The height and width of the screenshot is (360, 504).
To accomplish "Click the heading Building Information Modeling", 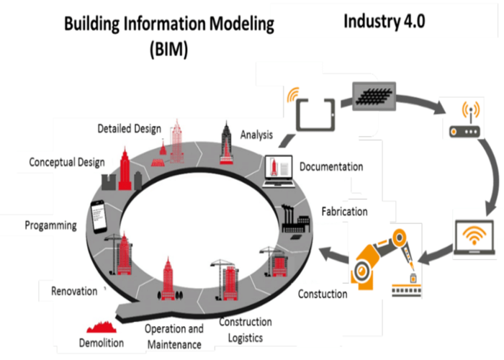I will [x=169, y=24].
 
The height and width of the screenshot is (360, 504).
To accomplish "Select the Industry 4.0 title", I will [x=384, y=20].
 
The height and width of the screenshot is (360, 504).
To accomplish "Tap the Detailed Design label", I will [x=130, y=128].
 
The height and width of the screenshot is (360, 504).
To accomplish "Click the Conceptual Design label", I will [x=67, y=162].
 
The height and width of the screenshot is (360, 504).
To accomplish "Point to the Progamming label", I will [x=50, y=225].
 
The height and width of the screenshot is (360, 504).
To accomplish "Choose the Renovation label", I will [x=73, y=291].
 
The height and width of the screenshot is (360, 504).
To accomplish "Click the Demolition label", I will [x=102, y=343].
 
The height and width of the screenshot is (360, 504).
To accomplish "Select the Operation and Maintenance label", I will [x=175, y=336].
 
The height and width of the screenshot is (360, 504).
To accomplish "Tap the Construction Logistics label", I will [x=245, y=330].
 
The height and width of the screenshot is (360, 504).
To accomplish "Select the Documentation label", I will [x=331, y=167].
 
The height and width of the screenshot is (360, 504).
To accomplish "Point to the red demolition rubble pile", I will [x=101, y=328].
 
